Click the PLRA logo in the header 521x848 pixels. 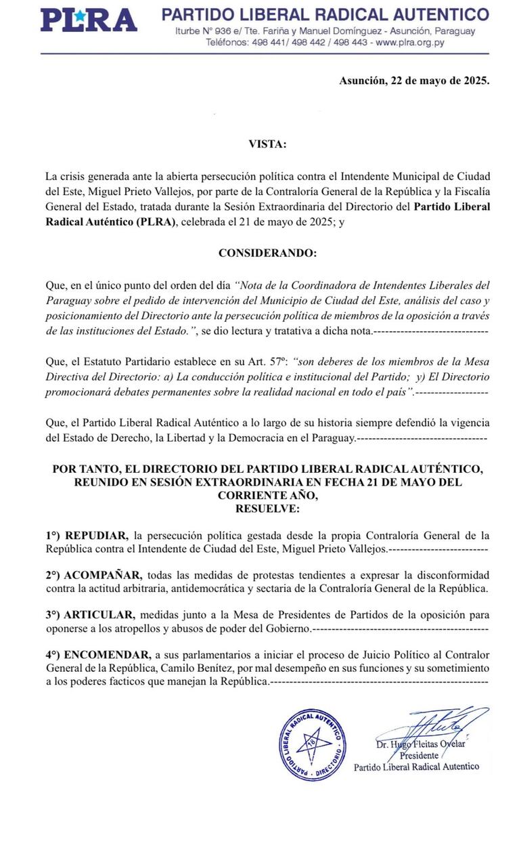(89, 20)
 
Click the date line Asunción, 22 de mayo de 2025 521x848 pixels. (413, 80)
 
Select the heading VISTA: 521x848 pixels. (267, 144)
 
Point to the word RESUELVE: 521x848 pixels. (267, 507)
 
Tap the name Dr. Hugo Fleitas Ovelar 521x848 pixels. (425, 745)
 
